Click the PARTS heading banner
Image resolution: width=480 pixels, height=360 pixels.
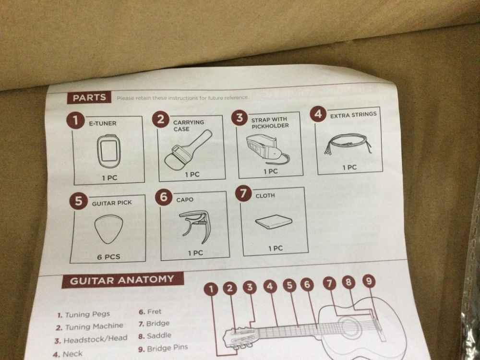coord(89,97)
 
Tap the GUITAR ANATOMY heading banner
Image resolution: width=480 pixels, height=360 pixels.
coord(122,280)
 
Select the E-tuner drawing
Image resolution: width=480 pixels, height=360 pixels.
coord(108,151)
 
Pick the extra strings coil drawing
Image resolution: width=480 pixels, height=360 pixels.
coord(348,143)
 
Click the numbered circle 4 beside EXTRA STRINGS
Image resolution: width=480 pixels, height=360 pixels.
coord(318,114)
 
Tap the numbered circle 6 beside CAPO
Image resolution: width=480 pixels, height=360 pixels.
coord(164,197)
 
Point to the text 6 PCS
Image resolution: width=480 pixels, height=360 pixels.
coord(108,257)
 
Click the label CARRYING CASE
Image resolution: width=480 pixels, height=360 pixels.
coord(188,125)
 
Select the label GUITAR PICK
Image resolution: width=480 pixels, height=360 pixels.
coord(112,203)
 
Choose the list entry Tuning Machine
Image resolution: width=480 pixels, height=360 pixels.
coord(90,327)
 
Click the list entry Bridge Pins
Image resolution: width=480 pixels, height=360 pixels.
coord(163,348)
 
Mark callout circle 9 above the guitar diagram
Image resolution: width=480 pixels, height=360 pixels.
coord(369,281)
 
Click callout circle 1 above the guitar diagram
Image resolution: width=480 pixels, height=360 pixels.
coord(211,289)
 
